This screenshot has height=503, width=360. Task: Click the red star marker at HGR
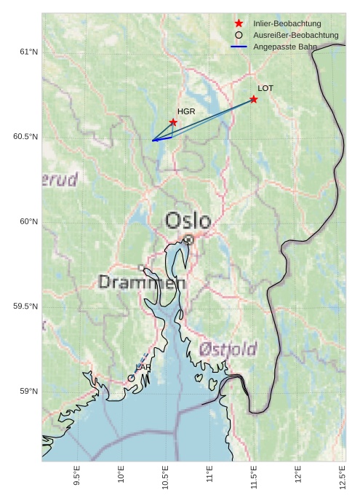[x=173, y=122]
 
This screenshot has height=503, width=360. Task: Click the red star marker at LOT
[x=254, y=99]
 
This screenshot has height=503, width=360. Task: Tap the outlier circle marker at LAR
[x=131, y=378]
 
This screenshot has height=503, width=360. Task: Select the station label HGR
[x=186, y=111]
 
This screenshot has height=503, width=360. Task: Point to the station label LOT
[x=265, y=88]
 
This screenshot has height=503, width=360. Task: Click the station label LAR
[x=143, y=368]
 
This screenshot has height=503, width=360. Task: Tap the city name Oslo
[x=188, y=221]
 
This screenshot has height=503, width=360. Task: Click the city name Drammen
[x=142, y=282]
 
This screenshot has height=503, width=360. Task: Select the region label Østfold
[x=228, y=349]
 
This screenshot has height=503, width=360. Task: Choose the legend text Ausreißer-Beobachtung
[x=295, y=35]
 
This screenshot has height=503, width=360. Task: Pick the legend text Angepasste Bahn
[x=284, y=47]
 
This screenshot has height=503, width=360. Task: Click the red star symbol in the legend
[x=239, y=24]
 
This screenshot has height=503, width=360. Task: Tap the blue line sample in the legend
[x=239, y=47]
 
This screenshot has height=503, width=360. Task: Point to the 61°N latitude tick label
[x=28, y=52]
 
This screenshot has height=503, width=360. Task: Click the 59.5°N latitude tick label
[x=25, y=306]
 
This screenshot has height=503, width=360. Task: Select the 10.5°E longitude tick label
[x=165, y=480]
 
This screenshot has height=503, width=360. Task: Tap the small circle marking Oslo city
[x=188, y=239]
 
